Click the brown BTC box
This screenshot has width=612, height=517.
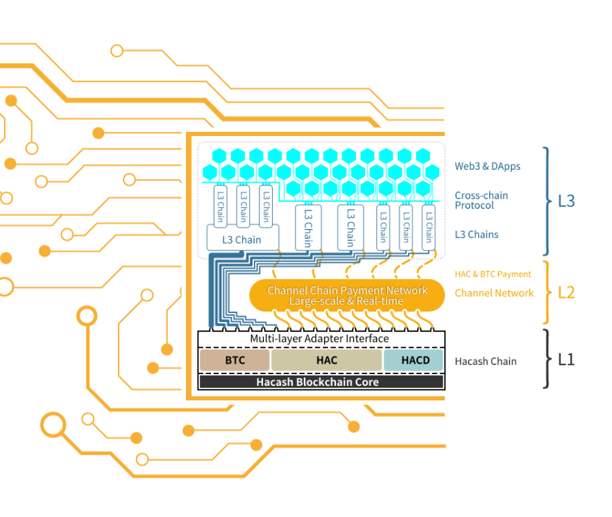(234, 360)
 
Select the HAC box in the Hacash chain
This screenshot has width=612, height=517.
(326, 360)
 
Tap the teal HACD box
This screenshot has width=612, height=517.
(415, 360)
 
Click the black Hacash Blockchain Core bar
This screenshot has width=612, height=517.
(321, 382)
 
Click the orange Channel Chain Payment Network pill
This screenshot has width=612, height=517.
(347, 296)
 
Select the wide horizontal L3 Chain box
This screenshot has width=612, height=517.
(242, 240)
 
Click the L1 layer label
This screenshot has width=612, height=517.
(566, 360)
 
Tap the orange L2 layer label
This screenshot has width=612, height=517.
(566, 292)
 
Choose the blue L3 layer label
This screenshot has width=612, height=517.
(566, 201)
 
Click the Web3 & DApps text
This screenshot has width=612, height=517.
(487, 167)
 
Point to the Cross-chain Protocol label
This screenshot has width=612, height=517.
(481, 201)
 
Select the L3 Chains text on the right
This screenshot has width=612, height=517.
(476, 235)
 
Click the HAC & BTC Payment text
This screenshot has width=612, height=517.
(493, 275)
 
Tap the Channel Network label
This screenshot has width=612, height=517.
(494, 293)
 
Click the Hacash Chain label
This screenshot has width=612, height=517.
(485, 361)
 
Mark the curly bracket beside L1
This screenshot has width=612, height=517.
(547, 359)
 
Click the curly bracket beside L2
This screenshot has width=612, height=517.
(546, 292)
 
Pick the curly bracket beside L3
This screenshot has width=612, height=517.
(546, 201)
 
